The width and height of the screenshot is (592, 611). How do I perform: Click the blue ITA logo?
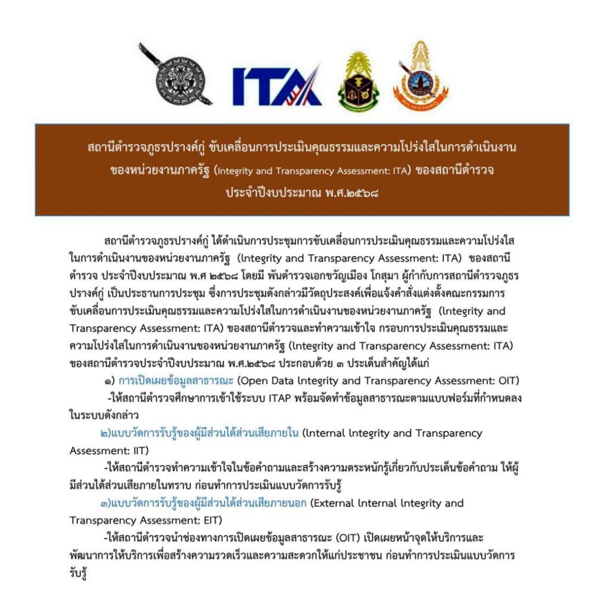click(277, 85)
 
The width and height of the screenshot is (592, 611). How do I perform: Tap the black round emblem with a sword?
click(177, 78)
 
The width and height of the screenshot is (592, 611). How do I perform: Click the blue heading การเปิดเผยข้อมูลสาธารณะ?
click(174, 381)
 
